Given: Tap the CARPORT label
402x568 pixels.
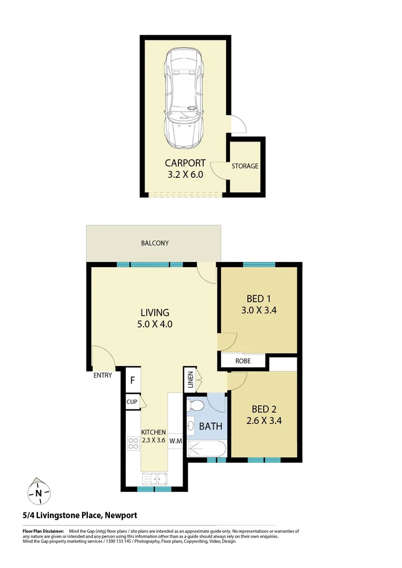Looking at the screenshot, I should coord(185,163).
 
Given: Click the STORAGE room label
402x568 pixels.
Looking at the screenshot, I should coord(245,166).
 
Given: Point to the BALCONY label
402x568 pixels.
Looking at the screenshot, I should coord(155,243).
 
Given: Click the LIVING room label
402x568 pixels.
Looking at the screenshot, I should coord(154,312).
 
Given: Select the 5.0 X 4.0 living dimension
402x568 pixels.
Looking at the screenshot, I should coord(154,324).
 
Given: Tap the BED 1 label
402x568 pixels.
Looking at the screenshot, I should coord(259,298).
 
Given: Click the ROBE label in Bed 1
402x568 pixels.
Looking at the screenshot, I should coord(243,361).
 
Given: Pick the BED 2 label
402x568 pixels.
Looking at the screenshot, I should coord(259,409).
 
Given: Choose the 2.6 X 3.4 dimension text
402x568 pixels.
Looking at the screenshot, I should coord(259,421).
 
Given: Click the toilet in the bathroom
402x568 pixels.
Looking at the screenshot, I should coord(196,407).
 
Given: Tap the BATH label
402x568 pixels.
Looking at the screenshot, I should coord(210,426).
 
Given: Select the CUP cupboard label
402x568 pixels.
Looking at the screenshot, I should coord(132,402).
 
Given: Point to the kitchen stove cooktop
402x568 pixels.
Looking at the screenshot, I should coord(133,443).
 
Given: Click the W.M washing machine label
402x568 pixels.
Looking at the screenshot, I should coord(175,441).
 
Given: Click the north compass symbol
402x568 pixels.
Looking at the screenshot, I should coord(38,492).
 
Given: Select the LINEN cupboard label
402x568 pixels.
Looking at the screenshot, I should coord(189,381).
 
